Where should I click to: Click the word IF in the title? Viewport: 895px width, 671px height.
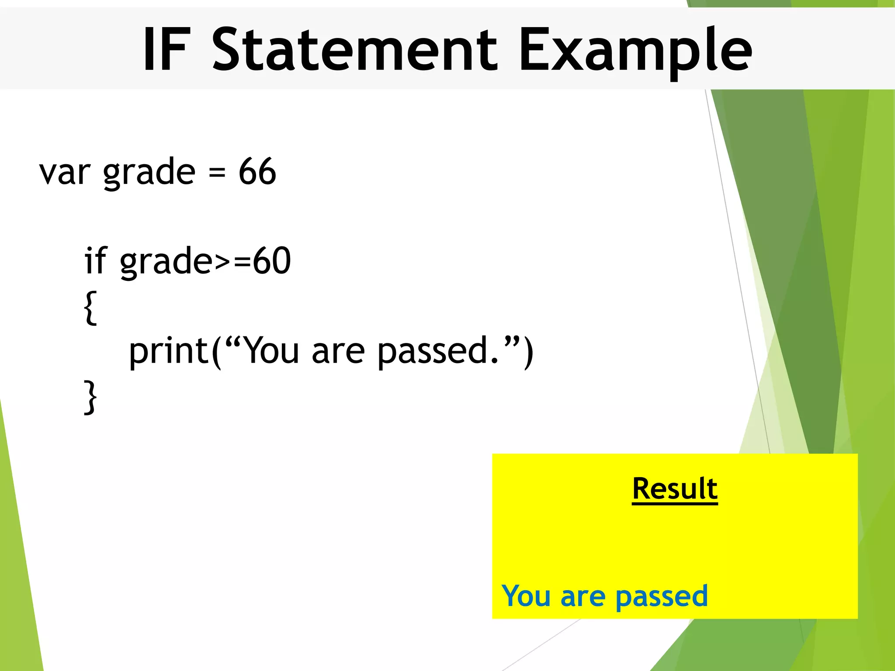click(x=167, y=49)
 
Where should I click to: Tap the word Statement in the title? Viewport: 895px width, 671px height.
click(x=354, y=49)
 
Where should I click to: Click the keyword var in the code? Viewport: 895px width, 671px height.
click(x=65, y=172)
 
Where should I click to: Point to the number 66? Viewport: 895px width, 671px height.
click(x=257, y=171)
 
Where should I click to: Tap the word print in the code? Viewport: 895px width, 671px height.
click(x=169, y=351)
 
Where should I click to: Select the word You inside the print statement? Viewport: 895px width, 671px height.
click(x=271, y=350)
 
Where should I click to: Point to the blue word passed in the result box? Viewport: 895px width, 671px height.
click(x=662, y=597)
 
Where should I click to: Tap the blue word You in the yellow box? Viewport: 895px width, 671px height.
click(x=526, y=596)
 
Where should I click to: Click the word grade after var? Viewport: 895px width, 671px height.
click(x=149, y=173)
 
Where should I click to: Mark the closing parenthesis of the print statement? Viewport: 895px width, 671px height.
click(x=528, y=352)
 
